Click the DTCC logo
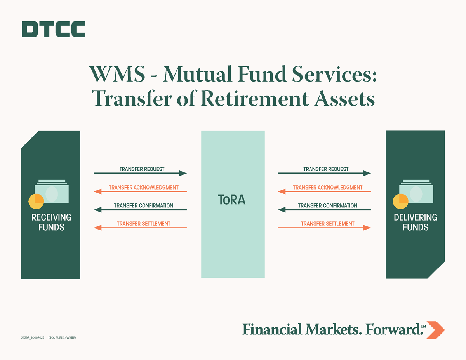tap(54, 29)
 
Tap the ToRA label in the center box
tap(232, 200)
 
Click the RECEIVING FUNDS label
tap(51, 222)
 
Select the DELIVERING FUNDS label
tap(416, 222)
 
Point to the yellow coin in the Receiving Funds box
tap(36, 201)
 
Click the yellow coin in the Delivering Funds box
tap(400, 201)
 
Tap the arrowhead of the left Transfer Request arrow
tap(183, 173)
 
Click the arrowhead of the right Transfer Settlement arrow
tap(367, 228)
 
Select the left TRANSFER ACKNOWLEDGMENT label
tap(144, 188)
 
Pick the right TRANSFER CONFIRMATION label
tap(328, 205)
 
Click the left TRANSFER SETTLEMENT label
tap(144, 224)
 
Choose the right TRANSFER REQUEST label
tap(326, 169)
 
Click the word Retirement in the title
tap(255, 99)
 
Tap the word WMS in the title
tap(117, 74)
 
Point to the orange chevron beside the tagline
tap(435, 330)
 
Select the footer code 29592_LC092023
tap(33, 338)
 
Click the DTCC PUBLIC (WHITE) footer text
tap(62, 338)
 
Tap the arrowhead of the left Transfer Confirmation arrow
tap(98, 210)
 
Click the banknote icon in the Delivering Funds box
tap(416, 191)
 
